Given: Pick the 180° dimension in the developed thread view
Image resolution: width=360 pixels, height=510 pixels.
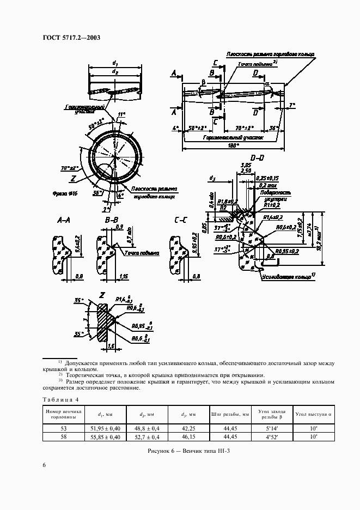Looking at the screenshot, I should (231, 146).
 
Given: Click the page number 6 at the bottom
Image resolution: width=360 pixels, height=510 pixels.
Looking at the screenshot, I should (44, 465).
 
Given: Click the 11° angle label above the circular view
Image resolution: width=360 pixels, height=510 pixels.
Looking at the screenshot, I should (121, 115).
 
